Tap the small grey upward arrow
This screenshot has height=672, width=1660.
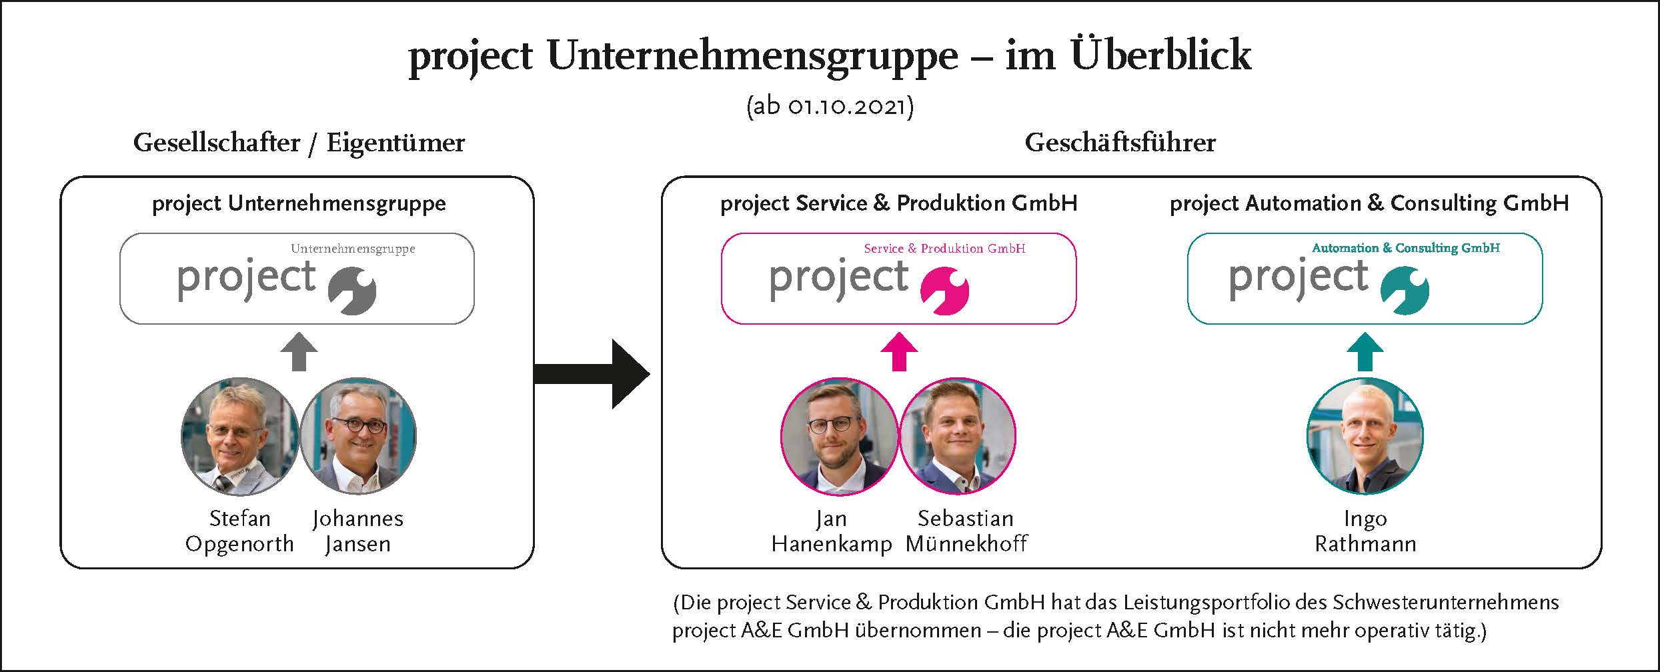tap(299, 352)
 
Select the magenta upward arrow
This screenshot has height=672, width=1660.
tap(899, 352)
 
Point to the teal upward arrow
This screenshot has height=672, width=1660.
tap(1365, 352)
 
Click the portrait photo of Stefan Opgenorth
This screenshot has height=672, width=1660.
tap(239, 437)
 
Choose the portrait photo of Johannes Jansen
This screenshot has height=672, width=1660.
tap(358, 437)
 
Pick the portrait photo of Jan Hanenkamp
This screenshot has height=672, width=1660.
tap(839, 437)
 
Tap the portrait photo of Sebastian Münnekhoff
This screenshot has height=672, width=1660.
tap(958, 437)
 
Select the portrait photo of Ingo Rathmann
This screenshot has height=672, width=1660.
tap(1365, 437)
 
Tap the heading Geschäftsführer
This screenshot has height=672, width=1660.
tap(1120, 143)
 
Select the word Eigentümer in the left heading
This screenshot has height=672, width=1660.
tap(395, 143)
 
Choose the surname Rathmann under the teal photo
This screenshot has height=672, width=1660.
tap(1365, 544)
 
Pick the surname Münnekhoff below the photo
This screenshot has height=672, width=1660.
tap(966, 544)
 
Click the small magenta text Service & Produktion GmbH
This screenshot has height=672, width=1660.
tap(944, 249)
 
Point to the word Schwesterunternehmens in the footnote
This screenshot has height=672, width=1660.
tap(1446, 603)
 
